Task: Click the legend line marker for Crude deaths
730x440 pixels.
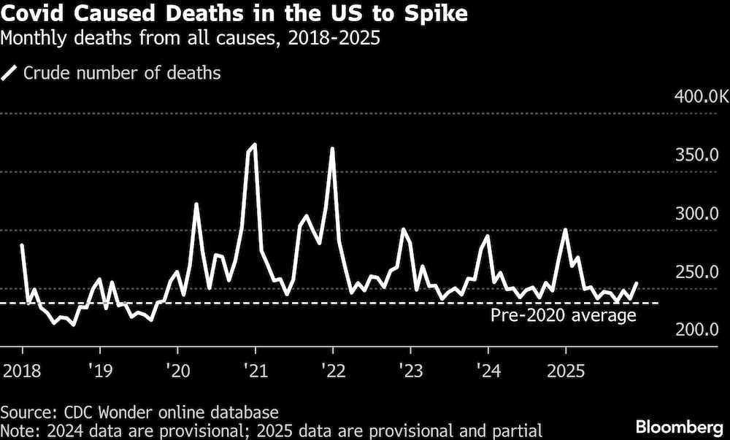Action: coord(10,73)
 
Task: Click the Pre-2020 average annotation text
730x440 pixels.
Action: coord(563,316)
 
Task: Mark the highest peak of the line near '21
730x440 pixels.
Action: coord(254,144)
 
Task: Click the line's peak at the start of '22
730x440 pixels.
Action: coord(332,148)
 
